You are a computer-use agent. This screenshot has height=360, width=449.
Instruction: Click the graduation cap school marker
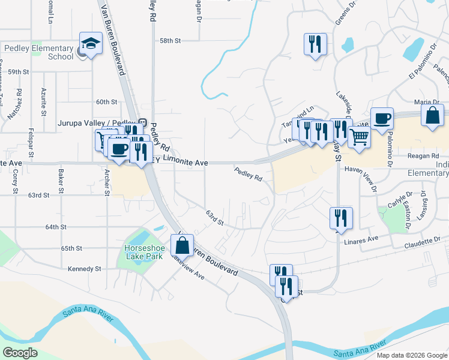click(x=91, y=44)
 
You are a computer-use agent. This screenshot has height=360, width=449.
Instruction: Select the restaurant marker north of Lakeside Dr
click(x=315, y=45)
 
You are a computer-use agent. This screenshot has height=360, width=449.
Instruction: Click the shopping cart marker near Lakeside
click(x=359, y=136)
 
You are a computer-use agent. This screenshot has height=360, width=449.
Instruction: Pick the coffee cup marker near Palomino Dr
click(x=382, y=118)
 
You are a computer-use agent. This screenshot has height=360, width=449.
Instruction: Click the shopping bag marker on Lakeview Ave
click(x=182, y=245)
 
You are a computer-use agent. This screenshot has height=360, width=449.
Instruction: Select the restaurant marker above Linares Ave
click(x=341, y=218)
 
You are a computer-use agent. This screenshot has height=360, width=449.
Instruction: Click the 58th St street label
click(x=170, y=41)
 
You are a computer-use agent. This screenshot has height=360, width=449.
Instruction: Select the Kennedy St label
click(x=85, y=269)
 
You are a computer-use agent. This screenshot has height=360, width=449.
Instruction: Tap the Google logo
click(x=19, y=353)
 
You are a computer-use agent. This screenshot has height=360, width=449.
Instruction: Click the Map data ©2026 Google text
click(x=411, y=355)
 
